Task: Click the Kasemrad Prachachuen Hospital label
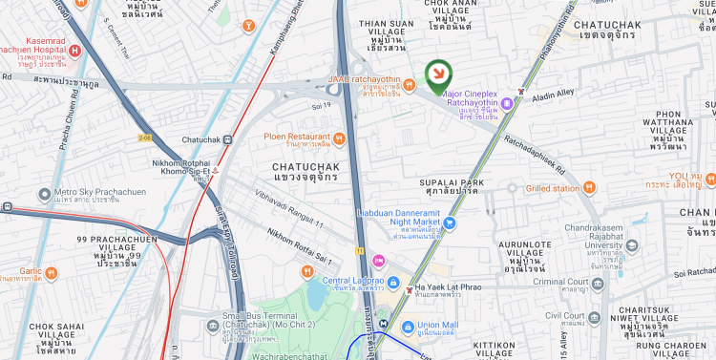click(35, 47)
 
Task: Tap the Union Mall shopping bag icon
click(408, 327)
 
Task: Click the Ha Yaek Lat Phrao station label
click(451, 289)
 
